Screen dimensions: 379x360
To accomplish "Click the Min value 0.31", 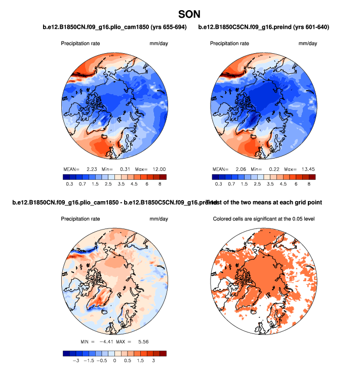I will [125, 169].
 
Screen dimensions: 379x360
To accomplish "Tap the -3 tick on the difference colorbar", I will [75, 362].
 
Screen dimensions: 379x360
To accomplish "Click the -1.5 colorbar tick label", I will [88, 362].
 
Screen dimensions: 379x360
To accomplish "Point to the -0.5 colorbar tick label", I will [101, 362].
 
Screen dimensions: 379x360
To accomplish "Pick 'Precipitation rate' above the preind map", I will [229, 43].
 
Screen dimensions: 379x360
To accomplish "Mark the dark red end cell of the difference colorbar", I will [163, 353].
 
